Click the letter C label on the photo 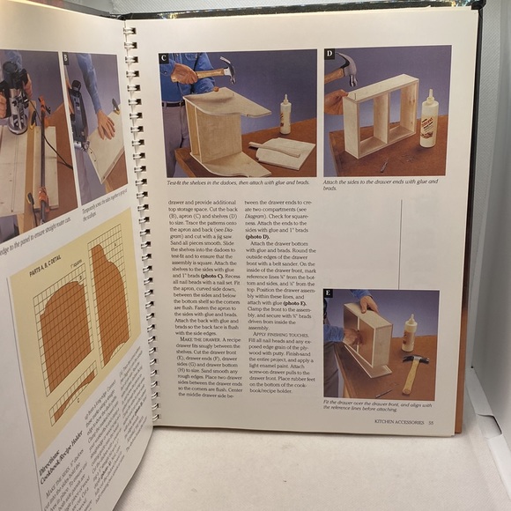[x=164, y=59]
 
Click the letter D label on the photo [x=330, y=55]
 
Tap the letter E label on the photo [x=329, y=293]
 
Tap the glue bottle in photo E [x=409, y=333]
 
